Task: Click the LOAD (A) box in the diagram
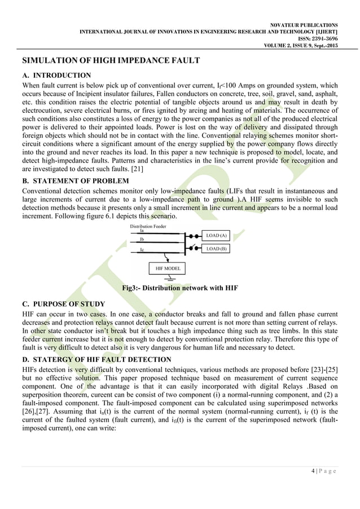[216, 235]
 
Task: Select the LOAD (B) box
[216, 248]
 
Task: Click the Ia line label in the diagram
[141, 231]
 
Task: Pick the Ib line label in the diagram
[141, 239]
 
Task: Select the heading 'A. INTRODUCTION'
[56, 75]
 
